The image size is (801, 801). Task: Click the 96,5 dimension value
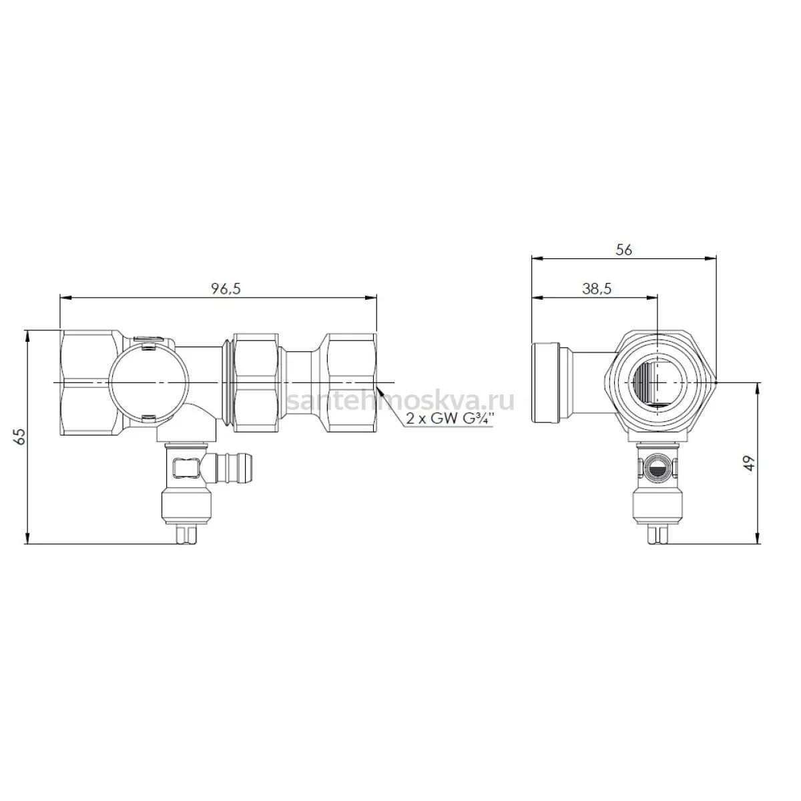tap(226, 288)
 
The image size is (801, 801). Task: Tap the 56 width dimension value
tap(623, 250)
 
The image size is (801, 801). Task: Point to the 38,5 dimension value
tap(597, 288)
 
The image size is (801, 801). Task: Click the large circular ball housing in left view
tap(150, 382)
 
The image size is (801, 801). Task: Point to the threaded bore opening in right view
tap(657, 381)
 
